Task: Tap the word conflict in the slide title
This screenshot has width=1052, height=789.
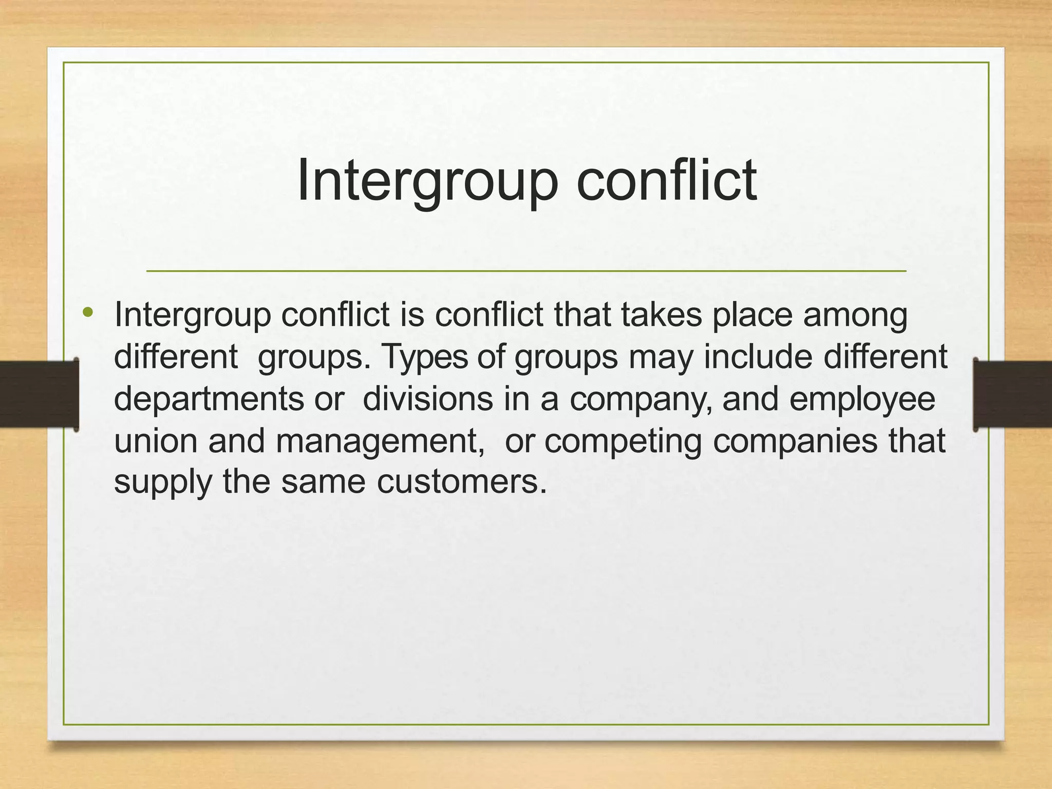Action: [x=666, y=180]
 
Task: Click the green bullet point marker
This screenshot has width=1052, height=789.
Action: [x=88, y=312]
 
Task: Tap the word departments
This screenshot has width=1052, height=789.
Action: [x=209, y=400]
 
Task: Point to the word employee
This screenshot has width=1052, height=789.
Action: [x=862, y=400]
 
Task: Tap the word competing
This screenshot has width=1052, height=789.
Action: [x=623, y=442]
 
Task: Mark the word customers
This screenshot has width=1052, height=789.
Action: [x=462, y=482]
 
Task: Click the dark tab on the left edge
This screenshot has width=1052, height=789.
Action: [x=39, y=394]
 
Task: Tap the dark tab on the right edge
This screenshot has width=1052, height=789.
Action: [x=1012, y=394]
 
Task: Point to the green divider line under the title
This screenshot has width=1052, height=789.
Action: [x=526, y=271]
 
